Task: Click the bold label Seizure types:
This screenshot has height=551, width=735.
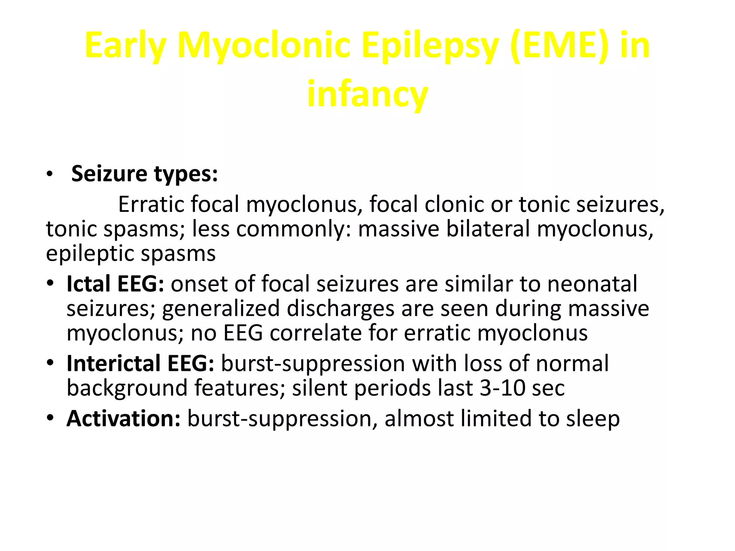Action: tap(145, 174)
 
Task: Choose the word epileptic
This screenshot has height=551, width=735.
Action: tap(90, 254)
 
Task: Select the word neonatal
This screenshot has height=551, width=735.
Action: tap(592, 284)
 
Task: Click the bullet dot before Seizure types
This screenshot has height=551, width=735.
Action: tap(50, 175)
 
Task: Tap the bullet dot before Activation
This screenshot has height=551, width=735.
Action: tap(50, 418)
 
